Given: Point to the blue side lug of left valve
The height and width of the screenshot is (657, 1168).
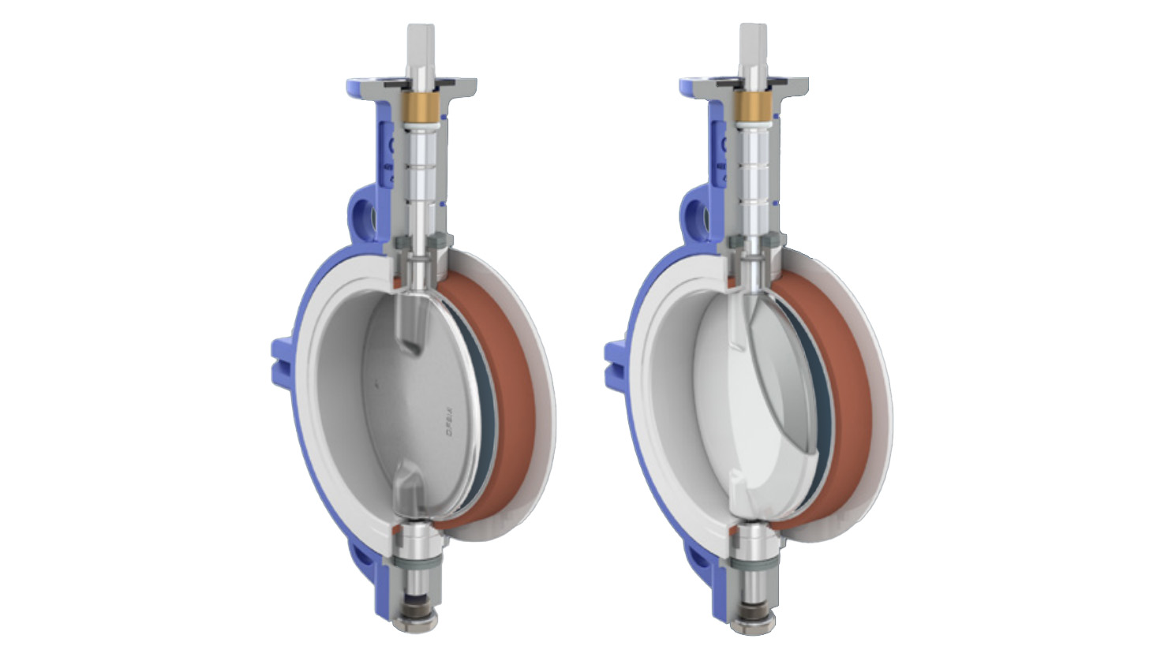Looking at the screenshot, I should point(282,364).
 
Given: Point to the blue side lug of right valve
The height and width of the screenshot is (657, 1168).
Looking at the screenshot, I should point(616,364).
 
